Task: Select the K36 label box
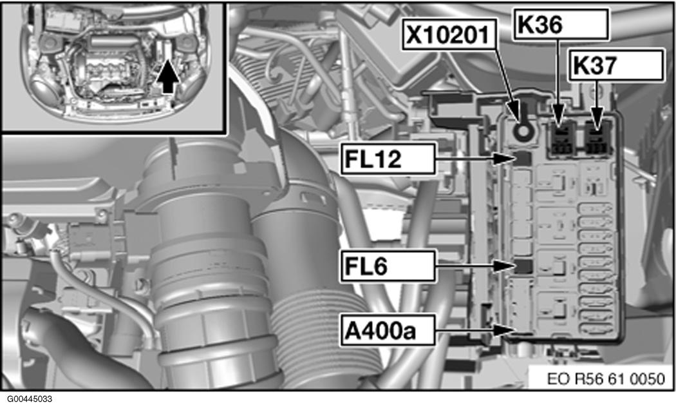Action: point(561,25)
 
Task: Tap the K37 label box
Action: point(615,65)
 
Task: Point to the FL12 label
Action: point(388,159)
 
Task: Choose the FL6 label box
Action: point(388,266)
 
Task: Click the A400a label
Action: point(388,330)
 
